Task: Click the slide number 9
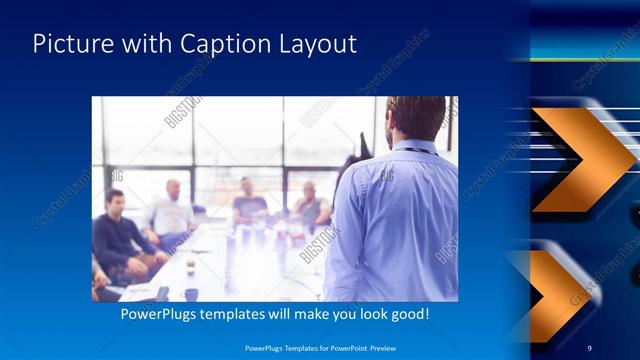pos(590,347)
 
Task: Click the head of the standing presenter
pos(414,118)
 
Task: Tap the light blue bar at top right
pos(584,45)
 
